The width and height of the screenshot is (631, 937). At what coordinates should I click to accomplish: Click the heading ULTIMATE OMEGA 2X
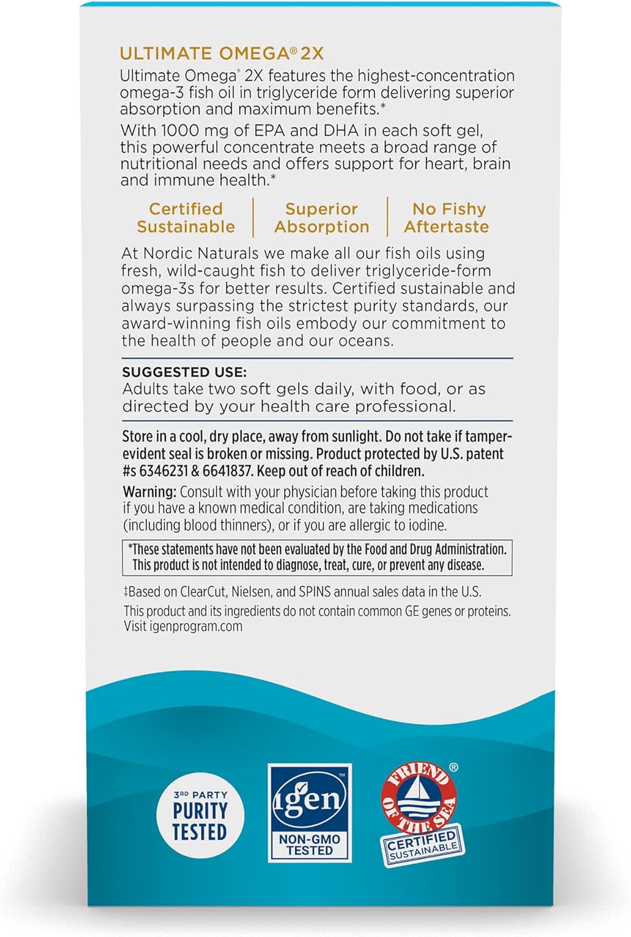click(222, 54)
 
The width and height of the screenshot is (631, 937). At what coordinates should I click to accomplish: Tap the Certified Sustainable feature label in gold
click(186, 217)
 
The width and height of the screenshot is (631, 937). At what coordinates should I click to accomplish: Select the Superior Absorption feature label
click(322, 217)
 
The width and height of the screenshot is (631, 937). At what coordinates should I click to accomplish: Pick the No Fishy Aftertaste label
click(447, 217)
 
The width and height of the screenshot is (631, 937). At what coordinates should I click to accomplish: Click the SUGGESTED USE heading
click(184, 372)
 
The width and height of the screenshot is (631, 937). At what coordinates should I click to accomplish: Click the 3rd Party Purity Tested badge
click(199, 815)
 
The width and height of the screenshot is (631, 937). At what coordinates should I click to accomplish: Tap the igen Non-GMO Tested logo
click(310, 812)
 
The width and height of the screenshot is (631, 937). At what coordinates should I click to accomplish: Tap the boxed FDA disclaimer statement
click(317, 557)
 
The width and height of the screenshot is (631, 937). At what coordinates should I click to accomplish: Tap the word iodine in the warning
click(427, 525)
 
